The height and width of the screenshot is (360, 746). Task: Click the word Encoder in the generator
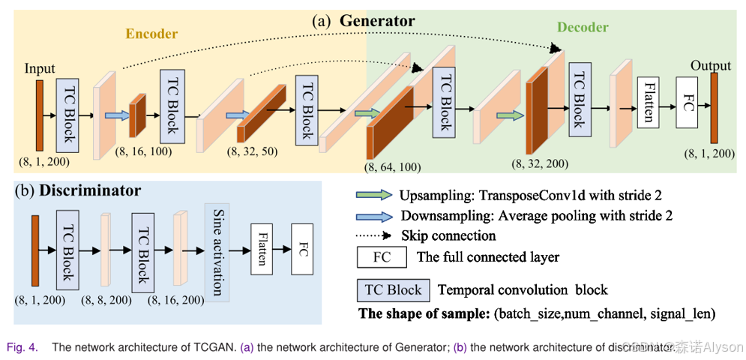point(151,34)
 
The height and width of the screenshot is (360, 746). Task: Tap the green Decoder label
point(582,27)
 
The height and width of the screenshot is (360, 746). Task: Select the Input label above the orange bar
point(40,68)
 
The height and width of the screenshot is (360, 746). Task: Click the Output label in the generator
point(710,65)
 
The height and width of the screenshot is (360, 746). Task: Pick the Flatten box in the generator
point(649,103)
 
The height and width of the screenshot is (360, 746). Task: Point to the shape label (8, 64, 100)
point(393,166)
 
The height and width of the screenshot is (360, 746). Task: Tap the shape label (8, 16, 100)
point(144,151)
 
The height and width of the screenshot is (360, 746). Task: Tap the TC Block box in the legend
point(393,289)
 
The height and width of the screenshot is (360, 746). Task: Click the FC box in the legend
point(382,257)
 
